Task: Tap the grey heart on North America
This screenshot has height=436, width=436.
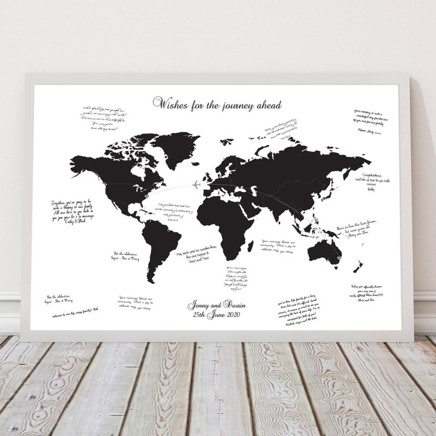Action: point(144,192)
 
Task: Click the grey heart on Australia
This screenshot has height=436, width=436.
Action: point(338,256)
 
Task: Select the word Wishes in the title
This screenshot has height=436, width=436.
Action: point(171,103)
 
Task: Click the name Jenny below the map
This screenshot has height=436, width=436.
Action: point(198,305)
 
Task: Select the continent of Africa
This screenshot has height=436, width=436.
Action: point(226,223)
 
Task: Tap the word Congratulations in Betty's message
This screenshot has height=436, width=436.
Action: point(367,176)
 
